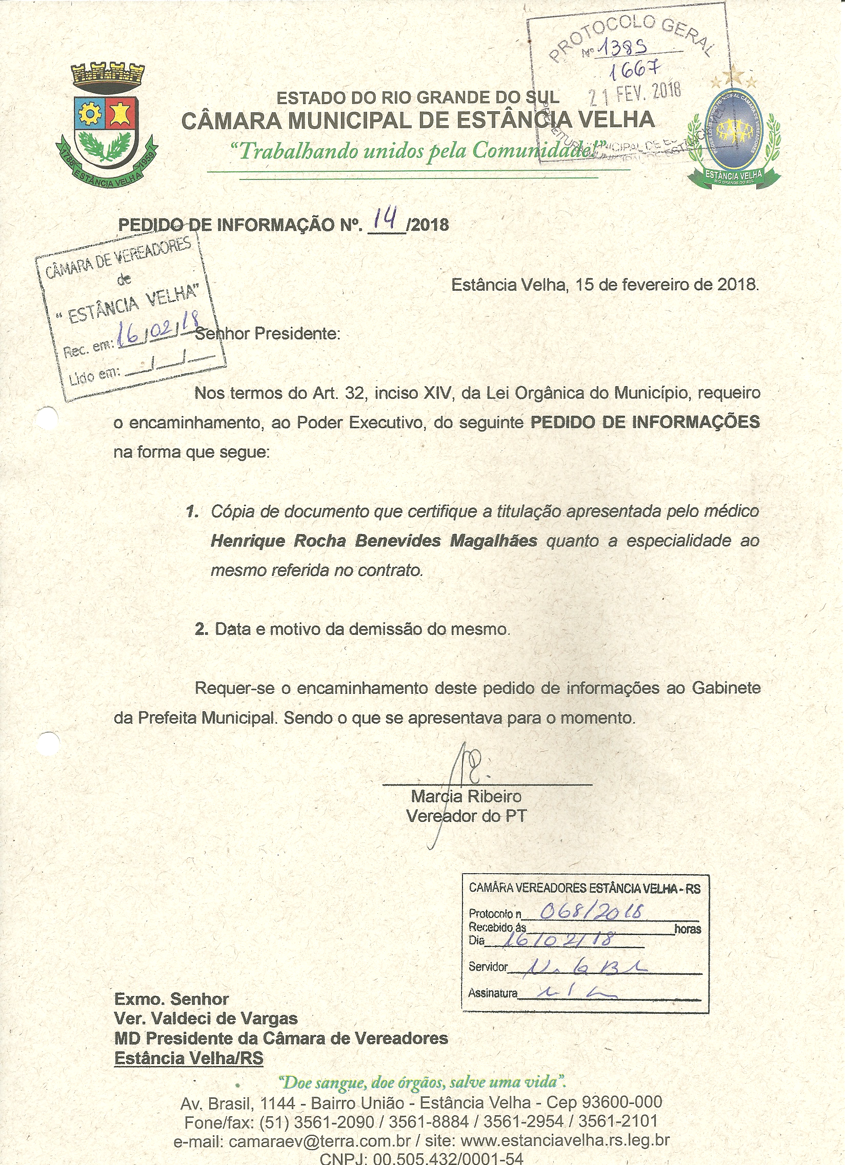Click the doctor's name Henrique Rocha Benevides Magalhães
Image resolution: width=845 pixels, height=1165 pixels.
374,541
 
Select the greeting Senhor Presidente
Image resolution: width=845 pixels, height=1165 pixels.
268,334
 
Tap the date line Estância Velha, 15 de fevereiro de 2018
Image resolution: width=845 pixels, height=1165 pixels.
605,284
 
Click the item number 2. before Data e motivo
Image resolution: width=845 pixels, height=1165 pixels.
201,629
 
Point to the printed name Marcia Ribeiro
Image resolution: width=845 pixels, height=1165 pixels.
466,797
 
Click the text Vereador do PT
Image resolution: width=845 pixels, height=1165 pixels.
466,816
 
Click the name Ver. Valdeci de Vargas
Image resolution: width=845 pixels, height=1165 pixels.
206,1018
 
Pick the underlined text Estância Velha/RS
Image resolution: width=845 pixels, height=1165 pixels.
189,1059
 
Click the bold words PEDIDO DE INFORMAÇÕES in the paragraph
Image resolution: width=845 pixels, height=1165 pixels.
645,422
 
